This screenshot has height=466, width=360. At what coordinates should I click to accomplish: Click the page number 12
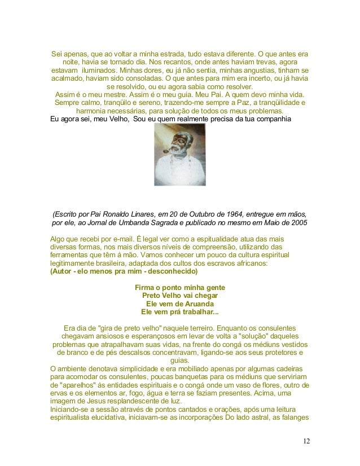click(305, 441)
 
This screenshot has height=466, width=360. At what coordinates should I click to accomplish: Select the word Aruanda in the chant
click(198, 303)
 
